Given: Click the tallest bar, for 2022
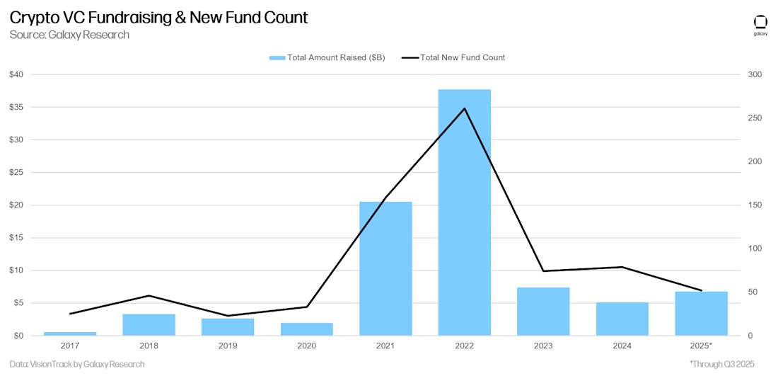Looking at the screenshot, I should (x=464, y=212).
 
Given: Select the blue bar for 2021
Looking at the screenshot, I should (x=385, y=269).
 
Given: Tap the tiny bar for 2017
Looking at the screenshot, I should (x=70, y=334).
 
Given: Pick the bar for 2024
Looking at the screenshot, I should (x=622, y=319).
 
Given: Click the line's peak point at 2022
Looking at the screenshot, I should (x=464, y=108).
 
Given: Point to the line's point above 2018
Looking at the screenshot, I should (x=149, y=295).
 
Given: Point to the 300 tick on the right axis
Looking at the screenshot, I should (x=754, y=75).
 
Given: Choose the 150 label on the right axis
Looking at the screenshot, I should (x=754, y=205).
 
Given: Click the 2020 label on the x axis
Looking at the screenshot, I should (x=306, y=346).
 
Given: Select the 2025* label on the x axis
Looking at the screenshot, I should (x=701, y=346).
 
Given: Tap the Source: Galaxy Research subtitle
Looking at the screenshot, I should (x=69, y=35).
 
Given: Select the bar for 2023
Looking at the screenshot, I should (x=543, y=312).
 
